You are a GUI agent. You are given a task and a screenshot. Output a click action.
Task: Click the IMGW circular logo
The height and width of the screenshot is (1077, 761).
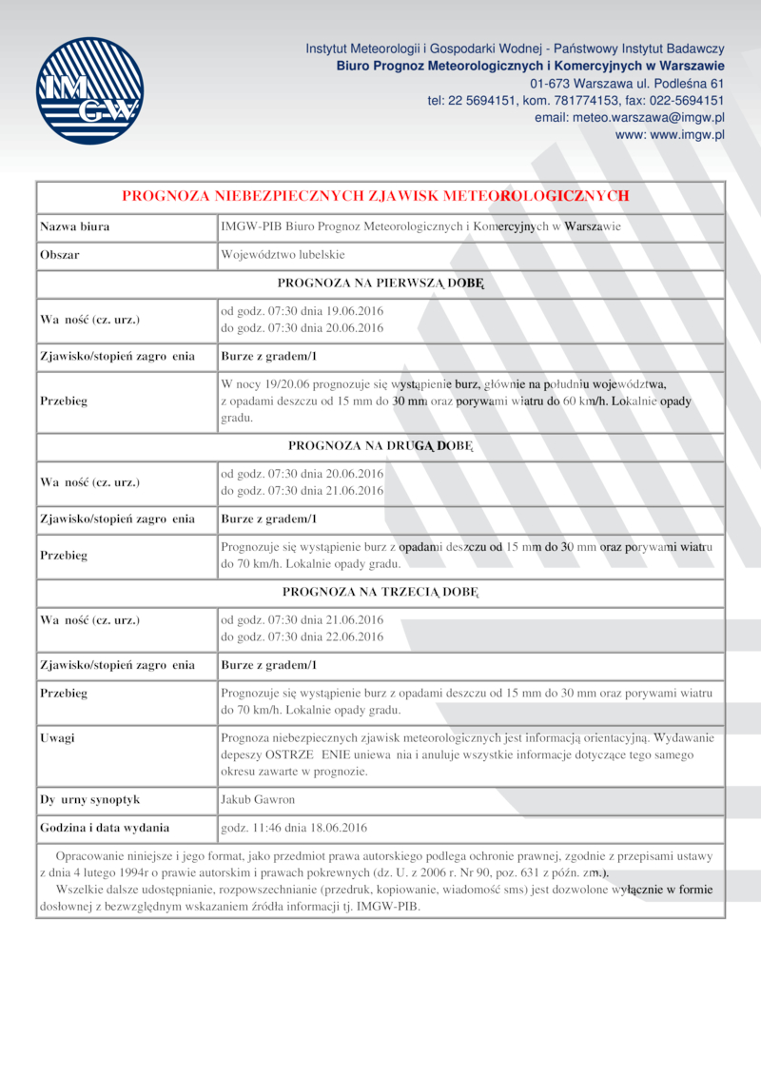[89, 90]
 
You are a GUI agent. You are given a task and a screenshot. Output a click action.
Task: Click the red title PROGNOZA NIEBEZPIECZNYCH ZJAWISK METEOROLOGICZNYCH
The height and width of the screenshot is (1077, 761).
[376, 196]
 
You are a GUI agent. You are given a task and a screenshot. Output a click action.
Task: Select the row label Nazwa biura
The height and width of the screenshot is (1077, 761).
[74, 226]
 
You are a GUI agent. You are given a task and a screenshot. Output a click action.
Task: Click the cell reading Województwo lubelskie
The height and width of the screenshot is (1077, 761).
[283, 255]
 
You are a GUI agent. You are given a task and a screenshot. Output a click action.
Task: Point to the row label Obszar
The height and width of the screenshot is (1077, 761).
[59, 255]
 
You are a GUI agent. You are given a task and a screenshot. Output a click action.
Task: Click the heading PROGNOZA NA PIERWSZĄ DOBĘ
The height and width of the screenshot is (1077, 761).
[380, 284]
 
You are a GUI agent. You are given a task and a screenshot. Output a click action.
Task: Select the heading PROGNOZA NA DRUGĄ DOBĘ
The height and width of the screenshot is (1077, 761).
[380, 444]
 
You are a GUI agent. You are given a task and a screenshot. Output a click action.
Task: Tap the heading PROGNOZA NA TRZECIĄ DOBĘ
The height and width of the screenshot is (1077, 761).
[380, 592]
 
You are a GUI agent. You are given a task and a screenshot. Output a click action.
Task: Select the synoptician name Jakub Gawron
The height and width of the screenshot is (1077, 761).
[258, 799]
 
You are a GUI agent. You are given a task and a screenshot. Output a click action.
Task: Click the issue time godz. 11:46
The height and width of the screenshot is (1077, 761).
[250, 828]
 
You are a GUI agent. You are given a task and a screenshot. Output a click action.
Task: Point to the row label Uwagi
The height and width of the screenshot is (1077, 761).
[57, 737]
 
